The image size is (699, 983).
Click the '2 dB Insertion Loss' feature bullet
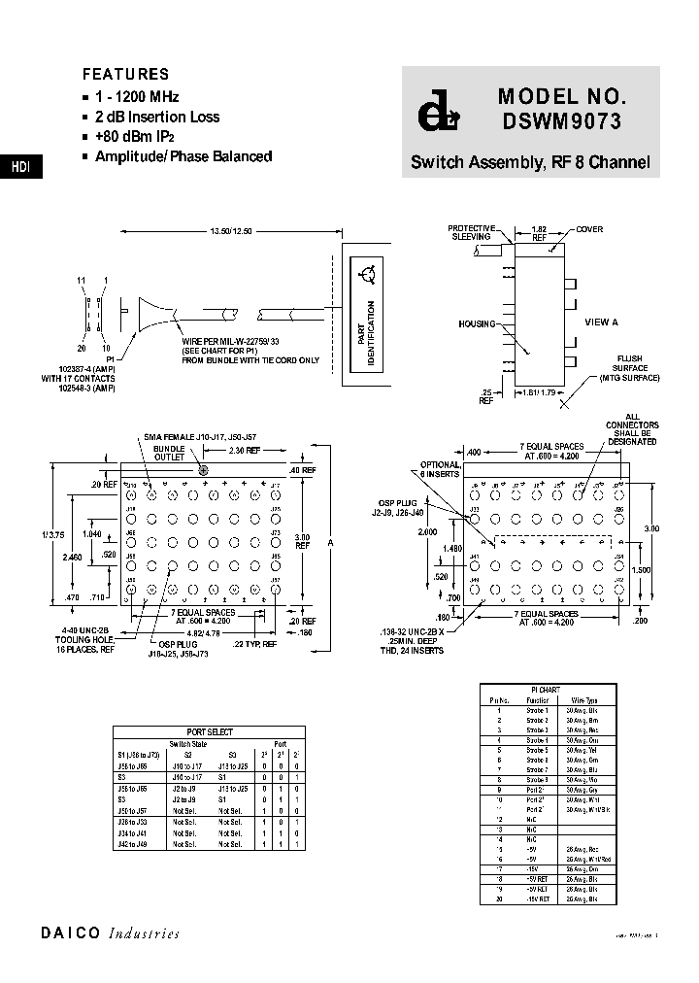pyautogui.click(x=156, y=117)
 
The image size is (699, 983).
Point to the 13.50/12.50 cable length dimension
pyautogui.click(x=231, y=231)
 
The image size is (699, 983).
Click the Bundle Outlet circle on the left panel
pyautogui.click(x=204, y=470)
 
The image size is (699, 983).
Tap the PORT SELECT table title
pyautogui.click(x=209, y=732)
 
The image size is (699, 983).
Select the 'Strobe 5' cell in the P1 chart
pyautogui.click(x=538, y=749)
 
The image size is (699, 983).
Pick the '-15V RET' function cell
pyautogui.click(x=538, y=899)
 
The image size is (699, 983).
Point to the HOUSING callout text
pyautogui.click(x=477, y=324)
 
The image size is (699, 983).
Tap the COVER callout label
pyautogui.click(x=589, y=229)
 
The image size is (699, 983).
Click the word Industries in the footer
pyautogui.click(x=144, y=933)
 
